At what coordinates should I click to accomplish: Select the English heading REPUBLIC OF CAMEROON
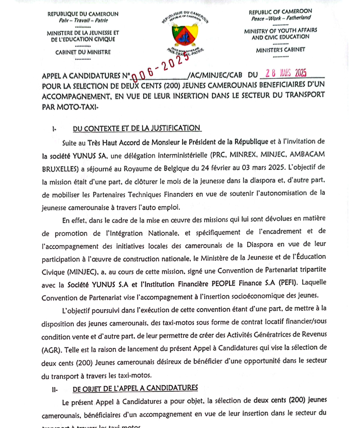pos(280,12)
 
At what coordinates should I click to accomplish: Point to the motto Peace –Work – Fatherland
pos(280,19)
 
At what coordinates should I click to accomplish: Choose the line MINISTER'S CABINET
pos(281,50)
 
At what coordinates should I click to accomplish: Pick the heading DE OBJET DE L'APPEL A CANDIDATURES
pos(134,388)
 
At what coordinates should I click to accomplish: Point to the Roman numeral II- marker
pos(56,389)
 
